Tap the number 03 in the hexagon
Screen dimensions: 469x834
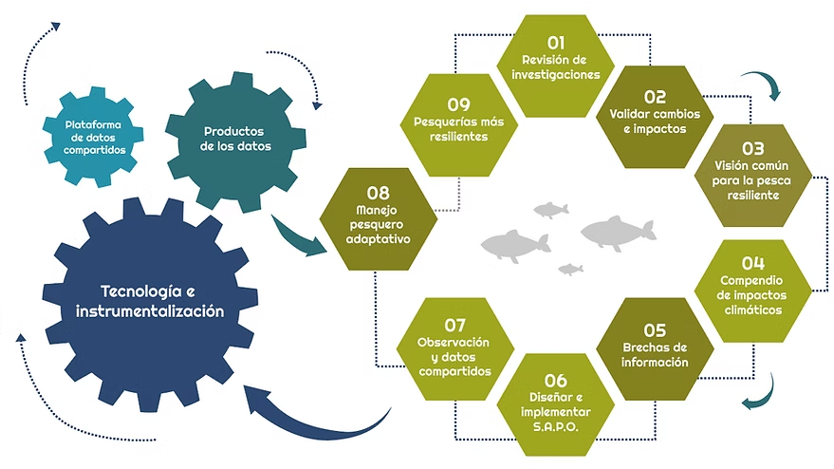pos(752,148)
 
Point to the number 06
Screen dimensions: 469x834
pos(556,382)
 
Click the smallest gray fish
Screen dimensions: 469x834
pos(570,270)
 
